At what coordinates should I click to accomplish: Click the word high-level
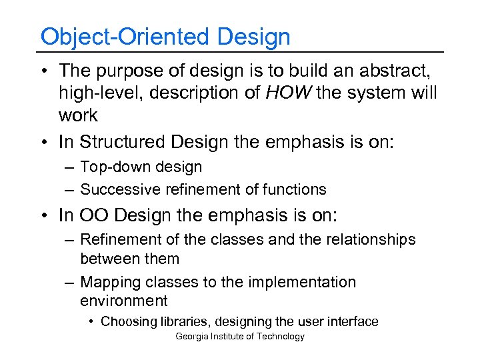pos(101,93)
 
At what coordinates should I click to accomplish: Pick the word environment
pos(124,301)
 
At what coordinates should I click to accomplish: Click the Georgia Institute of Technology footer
pos(239,337)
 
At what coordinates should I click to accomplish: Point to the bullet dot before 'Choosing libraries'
pos(91,322)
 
